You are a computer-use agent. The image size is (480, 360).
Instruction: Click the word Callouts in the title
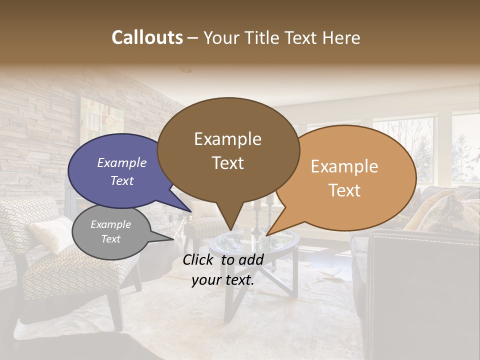coord(147,37)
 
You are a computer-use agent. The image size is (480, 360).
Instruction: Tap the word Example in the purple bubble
coord(122,162)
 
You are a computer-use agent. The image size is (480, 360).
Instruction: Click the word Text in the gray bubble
coord(110,239)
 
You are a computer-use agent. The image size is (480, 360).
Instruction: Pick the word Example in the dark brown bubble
coord(227,139)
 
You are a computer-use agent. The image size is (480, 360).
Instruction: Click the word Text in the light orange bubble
coord(344,190)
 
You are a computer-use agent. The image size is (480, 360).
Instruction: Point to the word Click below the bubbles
coord(200,259)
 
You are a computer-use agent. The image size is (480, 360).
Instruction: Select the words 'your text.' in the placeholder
coord(222,280)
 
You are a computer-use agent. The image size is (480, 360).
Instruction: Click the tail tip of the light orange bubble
coord(267,235)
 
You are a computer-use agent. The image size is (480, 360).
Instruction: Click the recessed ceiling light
coord(186,70)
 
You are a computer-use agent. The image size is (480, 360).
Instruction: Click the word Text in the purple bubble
coord(122,180)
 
